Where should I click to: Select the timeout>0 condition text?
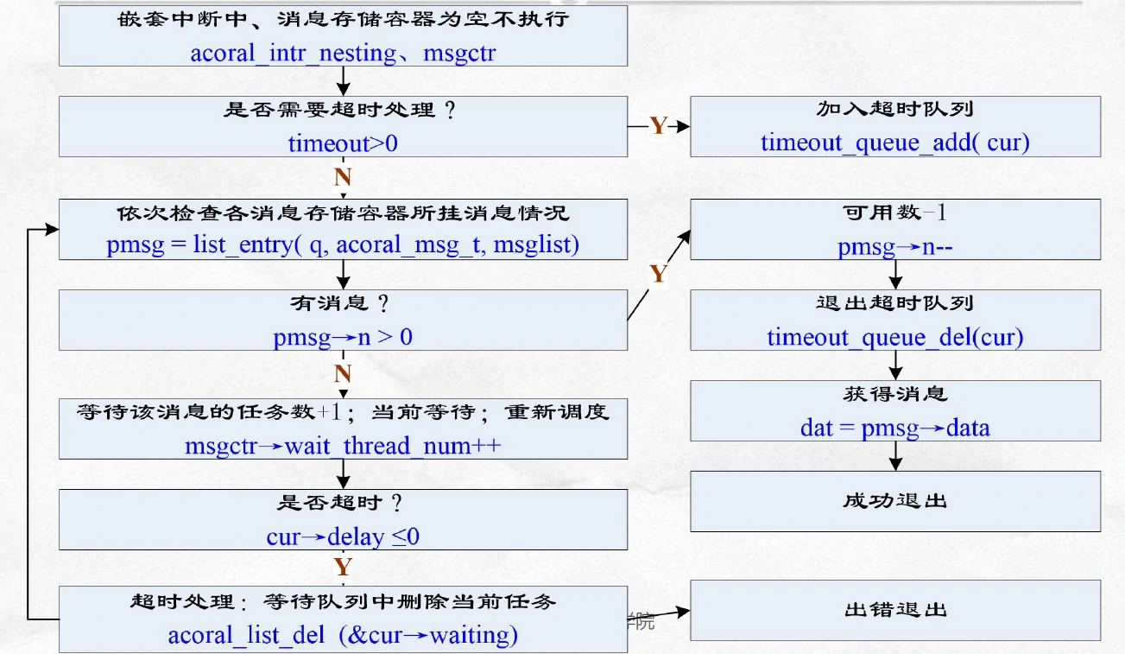tap(343, 143)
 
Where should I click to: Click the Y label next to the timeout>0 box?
tap(659, 126)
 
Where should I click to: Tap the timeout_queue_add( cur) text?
tap(894, 143)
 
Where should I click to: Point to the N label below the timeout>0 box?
tap(343, 178)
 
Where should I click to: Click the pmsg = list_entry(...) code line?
tap(343, 244)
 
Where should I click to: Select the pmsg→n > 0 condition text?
tap(343, 336)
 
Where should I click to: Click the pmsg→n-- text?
tap(894, 248)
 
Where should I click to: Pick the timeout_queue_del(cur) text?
tap(894, 337)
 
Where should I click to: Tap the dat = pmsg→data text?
tap(894, 428)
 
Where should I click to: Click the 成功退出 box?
tap(894, 501)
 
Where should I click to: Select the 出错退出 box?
tap(894, 610)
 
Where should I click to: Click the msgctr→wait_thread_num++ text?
tap(343, 446)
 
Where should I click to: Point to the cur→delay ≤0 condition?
tap(343, 537)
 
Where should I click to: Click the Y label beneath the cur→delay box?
tap(343, 568)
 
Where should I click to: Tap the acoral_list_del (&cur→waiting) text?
tap(343, 636)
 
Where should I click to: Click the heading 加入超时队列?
tap(894, 110)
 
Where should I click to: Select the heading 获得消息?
tap(894, 394)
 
